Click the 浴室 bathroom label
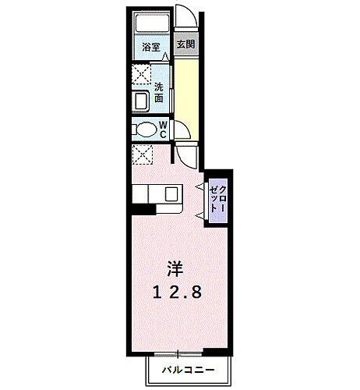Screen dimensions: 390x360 [150, 47]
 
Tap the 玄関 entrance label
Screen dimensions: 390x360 [185, 44]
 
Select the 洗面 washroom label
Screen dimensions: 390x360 [158, 93]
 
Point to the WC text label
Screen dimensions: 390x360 [164, 129]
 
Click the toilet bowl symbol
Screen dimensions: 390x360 [145, 129]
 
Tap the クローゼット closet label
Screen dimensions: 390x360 [217, 200]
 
